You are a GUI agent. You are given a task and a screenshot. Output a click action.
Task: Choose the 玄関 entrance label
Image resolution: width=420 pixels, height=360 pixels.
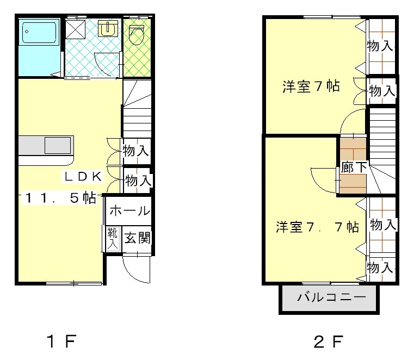pos(137,238)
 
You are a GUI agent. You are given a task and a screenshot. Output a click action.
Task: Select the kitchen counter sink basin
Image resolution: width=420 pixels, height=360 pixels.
pos(57,146)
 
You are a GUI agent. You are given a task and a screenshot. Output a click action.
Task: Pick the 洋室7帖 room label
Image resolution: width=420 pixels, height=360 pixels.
pos(311,86)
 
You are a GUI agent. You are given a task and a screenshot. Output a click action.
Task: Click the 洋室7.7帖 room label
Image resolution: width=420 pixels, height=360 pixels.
pos(317,227)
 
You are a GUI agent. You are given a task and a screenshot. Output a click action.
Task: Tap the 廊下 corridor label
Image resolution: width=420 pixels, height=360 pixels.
pos(354,167)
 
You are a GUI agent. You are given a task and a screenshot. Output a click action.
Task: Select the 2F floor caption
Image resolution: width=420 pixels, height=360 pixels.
pos(329,342)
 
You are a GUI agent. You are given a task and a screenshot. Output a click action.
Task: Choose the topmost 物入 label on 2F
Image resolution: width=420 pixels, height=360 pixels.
pos(380,46)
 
